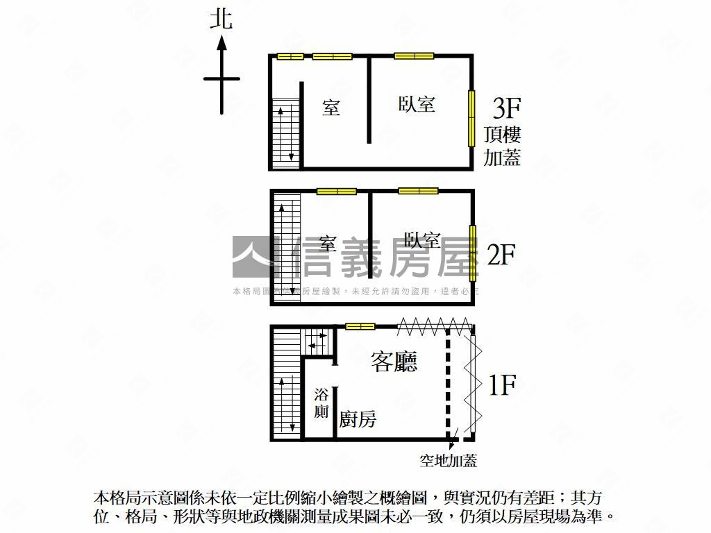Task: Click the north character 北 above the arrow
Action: tap(221, 20)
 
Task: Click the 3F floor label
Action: tap(506, 108)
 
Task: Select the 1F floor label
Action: tap(502, 384)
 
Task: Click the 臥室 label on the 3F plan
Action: tap(417, 104)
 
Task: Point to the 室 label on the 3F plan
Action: tap(331, 108)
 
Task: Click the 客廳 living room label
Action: tap(394, 362)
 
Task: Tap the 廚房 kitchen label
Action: tap(358, 418)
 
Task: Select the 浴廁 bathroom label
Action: tap(321, 403)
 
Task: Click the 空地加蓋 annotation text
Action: tap(448, 461)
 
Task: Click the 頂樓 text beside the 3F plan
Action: tap(502, 135)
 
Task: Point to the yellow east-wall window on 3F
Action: tap(471, 118)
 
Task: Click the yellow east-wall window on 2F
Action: tap(472, 253)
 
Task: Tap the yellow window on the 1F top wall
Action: tap(360, 326)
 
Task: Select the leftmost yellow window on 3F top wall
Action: tap(290, 57)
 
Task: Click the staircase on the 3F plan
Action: tap(286, 133)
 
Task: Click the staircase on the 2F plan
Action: tap(287, 249)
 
